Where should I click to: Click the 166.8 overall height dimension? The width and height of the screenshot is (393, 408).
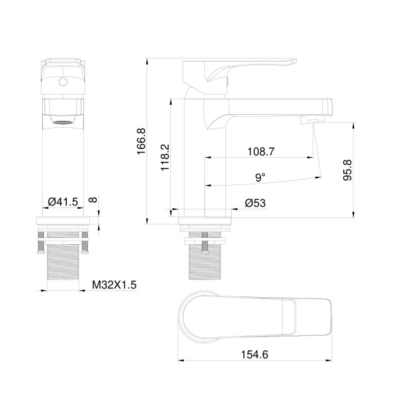141,141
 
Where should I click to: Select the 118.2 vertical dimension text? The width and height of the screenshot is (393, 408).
165,156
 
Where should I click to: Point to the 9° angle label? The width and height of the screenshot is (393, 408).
260,177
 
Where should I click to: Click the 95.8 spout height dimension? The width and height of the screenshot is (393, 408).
347,170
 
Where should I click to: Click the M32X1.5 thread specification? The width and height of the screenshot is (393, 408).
114,285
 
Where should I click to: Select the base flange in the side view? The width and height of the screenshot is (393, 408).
204,220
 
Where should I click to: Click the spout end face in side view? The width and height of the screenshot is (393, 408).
329,107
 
